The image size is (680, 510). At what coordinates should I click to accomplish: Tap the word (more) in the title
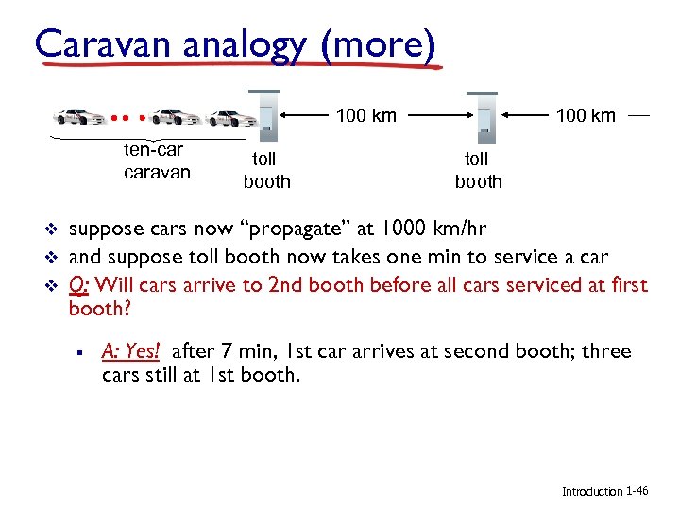coord(379,43)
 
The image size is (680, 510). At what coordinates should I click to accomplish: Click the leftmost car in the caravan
coord(80,117)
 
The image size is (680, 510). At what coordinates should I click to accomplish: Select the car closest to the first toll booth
coord(231,118)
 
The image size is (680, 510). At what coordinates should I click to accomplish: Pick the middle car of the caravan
coord(175,117)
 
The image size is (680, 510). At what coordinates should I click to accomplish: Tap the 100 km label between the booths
coord(366,116)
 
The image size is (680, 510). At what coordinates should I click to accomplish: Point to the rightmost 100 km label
coord(586,116)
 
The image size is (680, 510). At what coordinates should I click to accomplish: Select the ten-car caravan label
coord(156,161)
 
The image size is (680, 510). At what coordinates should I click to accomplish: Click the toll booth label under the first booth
coord(266,171)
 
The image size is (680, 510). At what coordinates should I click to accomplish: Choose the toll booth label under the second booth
coord(478,171)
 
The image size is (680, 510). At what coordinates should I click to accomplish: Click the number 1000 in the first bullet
coord(386,229)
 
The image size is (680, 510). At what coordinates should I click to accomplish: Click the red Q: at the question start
coord(80,283)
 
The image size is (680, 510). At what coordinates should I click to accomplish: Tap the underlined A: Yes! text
coord(131,351)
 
